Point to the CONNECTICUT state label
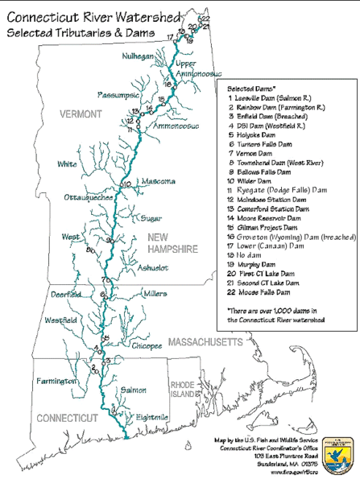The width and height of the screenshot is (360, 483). pos(65,418)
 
